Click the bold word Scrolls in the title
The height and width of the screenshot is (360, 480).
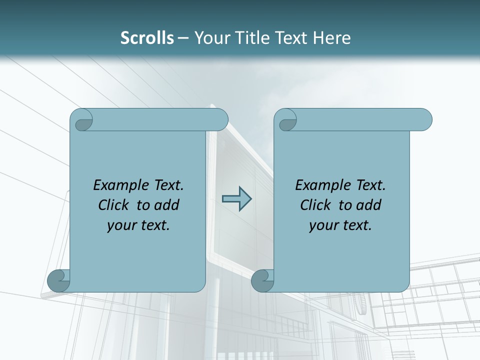click(147, 38)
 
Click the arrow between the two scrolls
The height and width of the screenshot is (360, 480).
click(236, 199)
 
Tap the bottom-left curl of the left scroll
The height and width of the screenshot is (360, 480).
click(58, 280)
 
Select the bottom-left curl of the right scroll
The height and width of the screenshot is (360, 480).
click(262, 280)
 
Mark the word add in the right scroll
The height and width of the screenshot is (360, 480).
click(369, 205)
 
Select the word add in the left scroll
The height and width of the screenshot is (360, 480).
click(167, 205)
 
